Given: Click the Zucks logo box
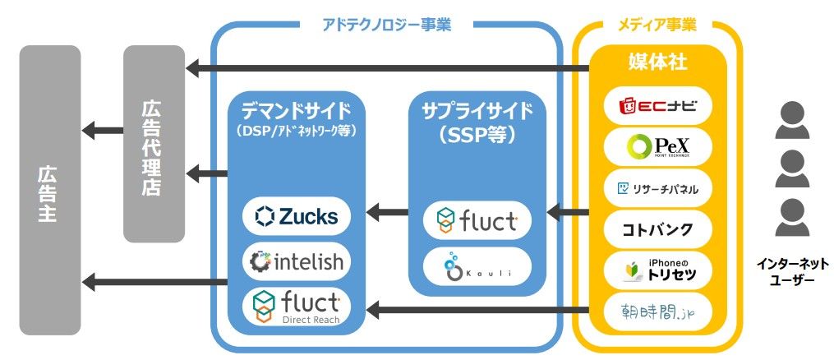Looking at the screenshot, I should point(297,216).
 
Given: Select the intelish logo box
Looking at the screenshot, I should point(297,262).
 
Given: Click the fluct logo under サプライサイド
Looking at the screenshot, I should point(477,221).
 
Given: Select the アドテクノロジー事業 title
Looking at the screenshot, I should point(386,25).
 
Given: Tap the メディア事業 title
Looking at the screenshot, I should point(657,25).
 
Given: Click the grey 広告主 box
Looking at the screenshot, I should point(49,190).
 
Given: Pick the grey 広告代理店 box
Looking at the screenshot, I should point(154,145).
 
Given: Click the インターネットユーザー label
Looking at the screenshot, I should point(793,272).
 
